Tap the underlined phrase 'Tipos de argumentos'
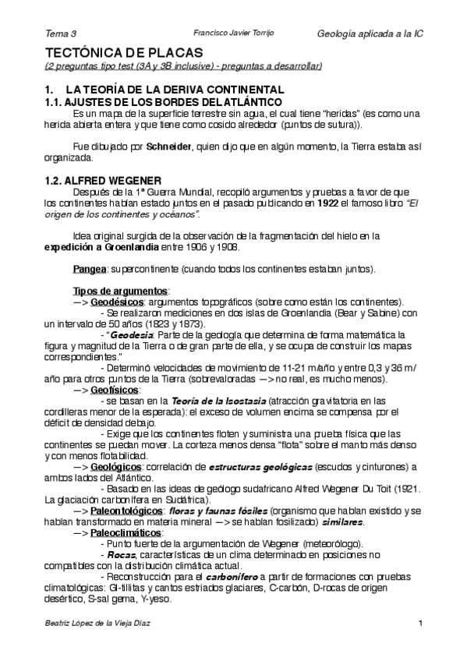click(120, 291)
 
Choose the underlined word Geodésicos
click(118, 302)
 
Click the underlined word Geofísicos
click(115, 389)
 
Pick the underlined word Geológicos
click(115, 466)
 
